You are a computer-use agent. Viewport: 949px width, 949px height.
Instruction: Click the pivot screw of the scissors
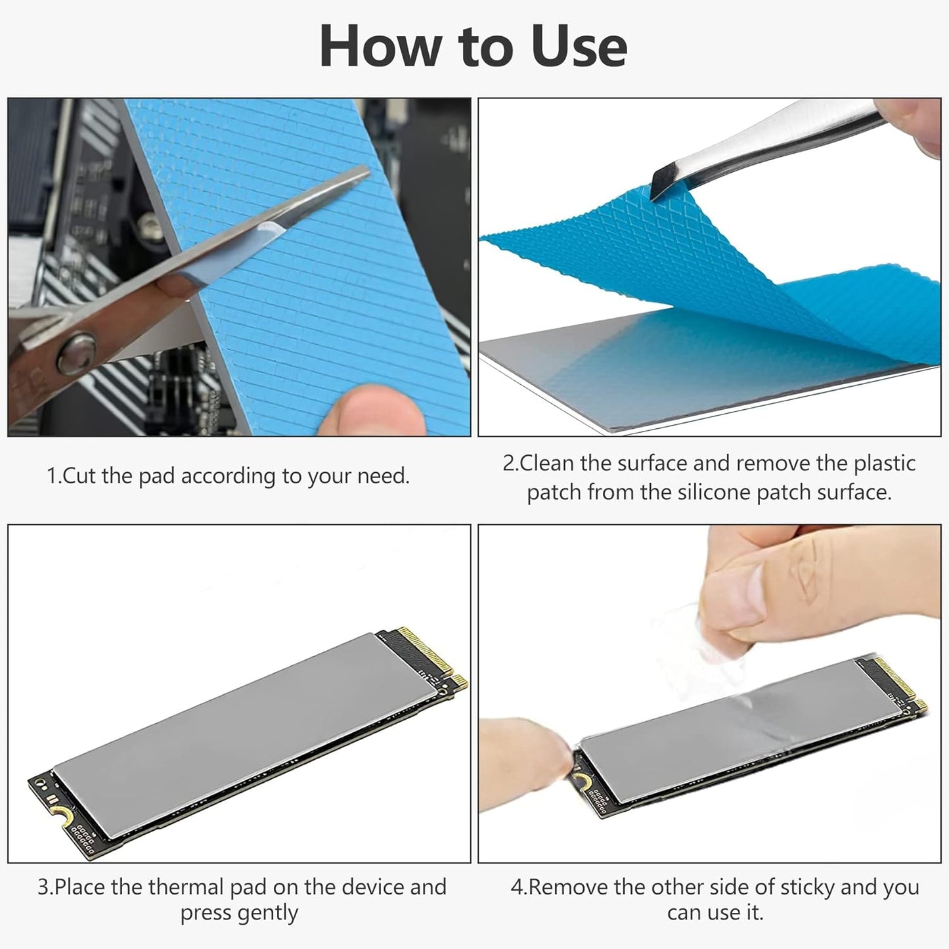[76, 353]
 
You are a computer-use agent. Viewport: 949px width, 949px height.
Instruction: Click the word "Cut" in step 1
[79, 476]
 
